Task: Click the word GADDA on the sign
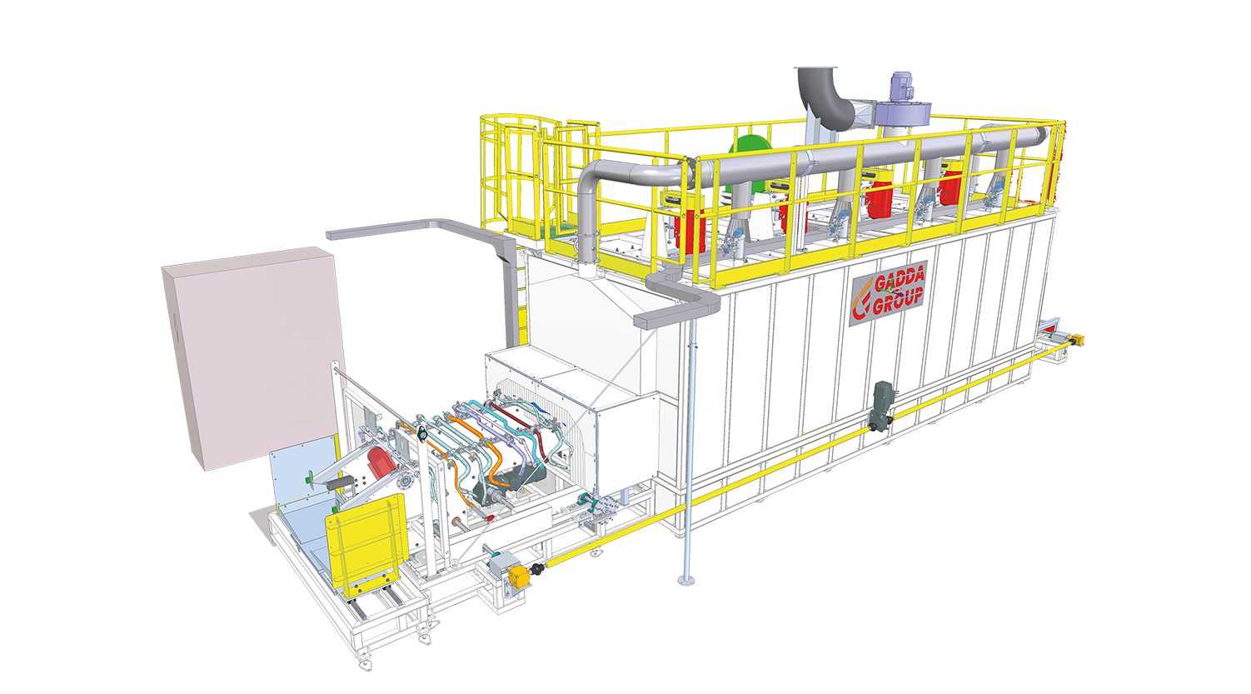click(900, 280)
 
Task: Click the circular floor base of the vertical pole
click(686, 581)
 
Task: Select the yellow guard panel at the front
click(366, 541)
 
